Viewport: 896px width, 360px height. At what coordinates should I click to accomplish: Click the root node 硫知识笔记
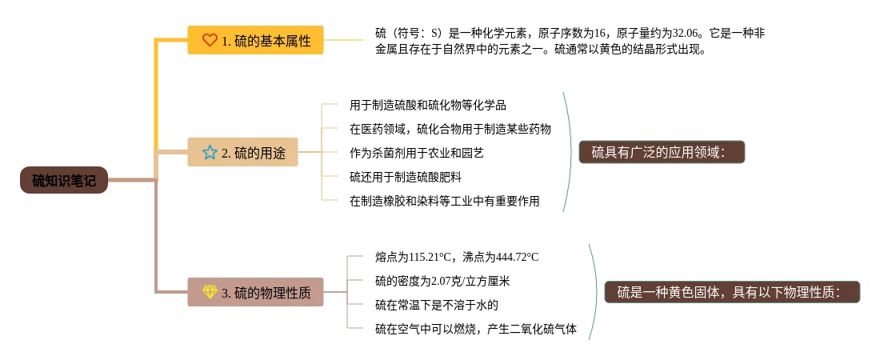[64, 181]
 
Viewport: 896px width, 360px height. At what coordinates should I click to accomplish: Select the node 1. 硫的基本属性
[255, 40]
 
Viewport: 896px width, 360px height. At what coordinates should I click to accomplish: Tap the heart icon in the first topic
[210, 40]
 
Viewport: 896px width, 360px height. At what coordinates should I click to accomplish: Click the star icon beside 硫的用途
[210, 152]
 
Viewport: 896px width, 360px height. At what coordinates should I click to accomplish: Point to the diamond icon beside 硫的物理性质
[210, 293]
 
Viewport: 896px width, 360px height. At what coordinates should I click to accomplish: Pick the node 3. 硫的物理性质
[255, 293]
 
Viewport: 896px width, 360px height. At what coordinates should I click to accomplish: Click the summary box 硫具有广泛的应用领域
[662, 152]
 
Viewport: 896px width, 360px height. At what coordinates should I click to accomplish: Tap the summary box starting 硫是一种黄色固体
[731, 293]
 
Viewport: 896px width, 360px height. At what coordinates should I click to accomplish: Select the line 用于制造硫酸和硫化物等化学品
[428, 105]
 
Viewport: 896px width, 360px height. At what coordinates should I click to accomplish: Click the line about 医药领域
[450, 129]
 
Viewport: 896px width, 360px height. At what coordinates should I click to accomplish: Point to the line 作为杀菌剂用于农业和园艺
[416, 153]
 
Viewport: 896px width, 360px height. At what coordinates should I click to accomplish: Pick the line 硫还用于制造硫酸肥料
[405, 177]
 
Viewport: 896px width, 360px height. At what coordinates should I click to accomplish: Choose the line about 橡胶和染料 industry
[444, 201]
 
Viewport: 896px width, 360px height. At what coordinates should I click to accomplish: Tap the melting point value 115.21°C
[430, 257]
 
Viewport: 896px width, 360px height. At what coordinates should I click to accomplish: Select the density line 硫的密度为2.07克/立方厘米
[442, 281]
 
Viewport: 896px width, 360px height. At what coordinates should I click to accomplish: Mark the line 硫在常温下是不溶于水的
[437, 305]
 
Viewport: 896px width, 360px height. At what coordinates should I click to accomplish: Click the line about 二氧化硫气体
[475, 329]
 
